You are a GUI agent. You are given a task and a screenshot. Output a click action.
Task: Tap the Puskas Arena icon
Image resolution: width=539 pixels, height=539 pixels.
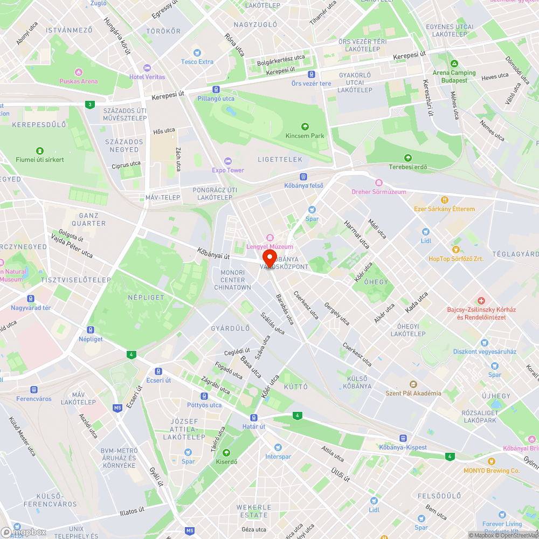click(x=79, y=72)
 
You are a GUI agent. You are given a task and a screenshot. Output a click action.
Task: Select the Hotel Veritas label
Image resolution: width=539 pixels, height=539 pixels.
click(x=147, y=77)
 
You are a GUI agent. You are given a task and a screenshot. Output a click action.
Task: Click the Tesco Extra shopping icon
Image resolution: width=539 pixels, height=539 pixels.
click(x=197, y=53)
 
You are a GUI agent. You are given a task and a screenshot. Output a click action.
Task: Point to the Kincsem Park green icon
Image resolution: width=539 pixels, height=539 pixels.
click(x=305, y=127)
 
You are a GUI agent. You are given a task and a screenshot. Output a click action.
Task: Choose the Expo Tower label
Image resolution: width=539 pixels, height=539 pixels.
click(x=227, y=170)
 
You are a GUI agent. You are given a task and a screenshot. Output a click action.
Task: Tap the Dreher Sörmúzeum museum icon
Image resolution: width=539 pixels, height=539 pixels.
click(x=379, y=183)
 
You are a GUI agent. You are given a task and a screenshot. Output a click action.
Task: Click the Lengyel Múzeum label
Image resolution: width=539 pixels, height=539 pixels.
click(x=269, y=247)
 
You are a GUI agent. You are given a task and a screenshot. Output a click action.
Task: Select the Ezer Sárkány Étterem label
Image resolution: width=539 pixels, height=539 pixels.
click(x=444, y=209)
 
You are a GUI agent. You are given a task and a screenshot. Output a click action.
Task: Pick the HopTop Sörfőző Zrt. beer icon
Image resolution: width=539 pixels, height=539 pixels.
click(x=456, y=250)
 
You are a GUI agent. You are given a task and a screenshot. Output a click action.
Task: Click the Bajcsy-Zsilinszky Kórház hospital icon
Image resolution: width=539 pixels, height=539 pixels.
click(x=481, y=300)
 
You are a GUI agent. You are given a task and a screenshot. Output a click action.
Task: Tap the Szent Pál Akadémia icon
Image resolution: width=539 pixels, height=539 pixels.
click(x=413, y=384)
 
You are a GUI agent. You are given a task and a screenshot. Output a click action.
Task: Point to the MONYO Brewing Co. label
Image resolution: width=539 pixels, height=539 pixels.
click(x=491, y=471)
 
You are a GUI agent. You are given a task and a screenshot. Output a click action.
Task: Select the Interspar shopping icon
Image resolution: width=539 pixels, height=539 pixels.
click(x=278, y=447)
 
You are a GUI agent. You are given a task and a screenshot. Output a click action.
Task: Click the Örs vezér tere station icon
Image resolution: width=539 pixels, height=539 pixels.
click(x=311, y=74)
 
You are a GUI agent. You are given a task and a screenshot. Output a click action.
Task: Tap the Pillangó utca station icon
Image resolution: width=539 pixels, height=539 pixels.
click(x=216, y=89)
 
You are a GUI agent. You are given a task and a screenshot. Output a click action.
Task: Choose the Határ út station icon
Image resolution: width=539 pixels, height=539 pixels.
click(x=253, y=418)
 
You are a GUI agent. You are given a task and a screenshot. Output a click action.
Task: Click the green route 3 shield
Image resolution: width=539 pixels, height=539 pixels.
click(x=89, y=105)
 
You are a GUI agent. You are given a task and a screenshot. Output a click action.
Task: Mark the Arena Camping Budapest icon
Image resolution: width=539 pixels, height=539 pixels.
click(x=454, y=63)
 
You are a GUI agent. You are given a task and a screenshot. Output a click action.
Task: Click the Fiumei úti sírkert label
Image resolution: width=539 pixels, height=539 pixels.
click(x=39, y=160)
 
